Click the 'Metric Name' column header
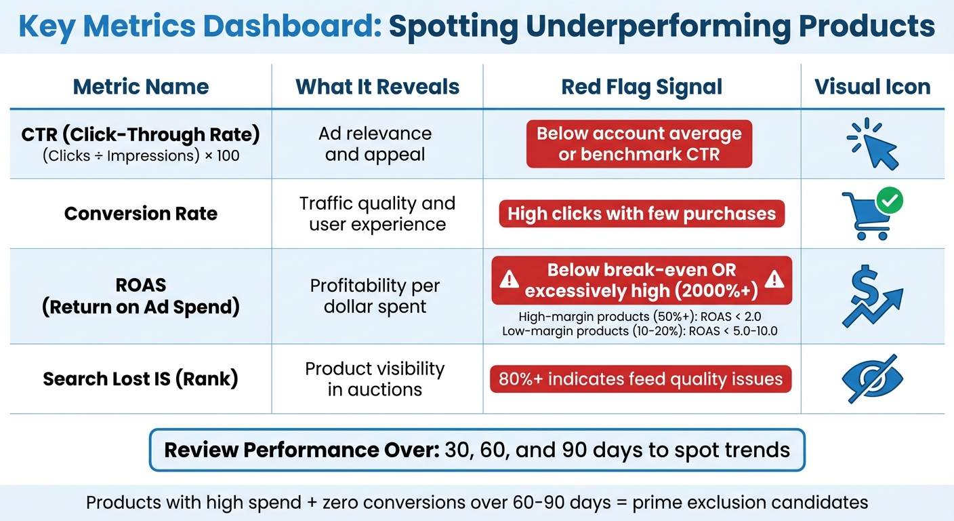pos(141,87)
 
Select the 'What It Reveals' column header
pos(377,87)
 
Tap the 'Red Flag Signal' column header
pos(642,87)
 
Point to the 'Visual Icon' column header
pos(872,87)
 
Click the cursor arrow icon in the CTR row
pos(877,148)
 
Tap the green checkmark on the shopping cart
pos(889,201)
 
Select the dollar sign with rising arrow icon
pos(872,296)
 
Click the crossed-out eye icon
pos(872,379)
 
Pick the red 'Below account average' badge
pos(639,144)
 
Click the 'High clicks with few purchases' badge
pos(641,214)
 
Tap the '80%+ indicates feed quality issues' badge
pos(640,379)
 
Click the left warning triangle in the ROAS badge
pos(509,279)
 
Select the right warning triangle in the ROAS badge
pos(774,279)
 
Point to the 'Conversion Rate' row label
pos(141,214)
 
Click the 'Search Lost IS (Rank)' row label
pos(141,379)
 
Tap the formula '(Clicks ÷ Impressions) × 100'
pos(141,156)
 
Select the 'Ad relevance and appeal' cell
pos(375,144)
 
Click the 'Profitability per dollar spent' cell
pos(375,296)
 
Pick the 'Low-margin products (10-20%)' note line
pos(640,331)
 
